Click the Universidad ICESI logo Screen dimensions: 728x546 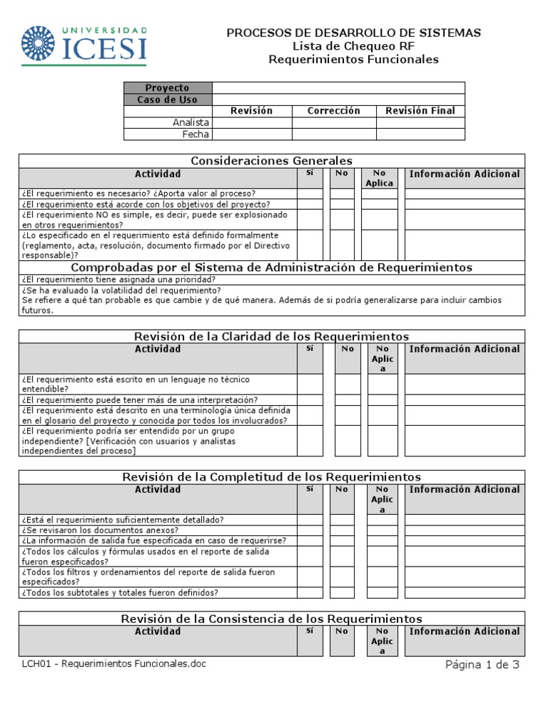click(85, 45)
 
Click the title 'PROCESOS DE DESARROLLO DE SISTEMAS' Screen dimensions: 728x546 click(353, 33)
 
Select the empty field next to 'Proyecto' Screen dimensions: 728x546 click(338, 87)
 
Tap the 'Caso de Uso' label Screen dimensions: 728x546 click(168, 100)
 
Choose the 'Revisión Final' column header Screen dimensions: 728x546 click(420, 111)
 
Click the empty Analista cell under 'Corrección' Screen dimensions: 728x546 click(333, 122)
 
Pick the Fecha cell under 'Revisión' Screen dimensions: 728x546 click(252, 134)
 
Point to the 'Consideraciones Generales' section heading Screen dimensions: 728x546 click(272, 161)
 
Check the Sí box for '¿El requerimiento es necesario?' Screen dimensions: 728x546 click(310, 193)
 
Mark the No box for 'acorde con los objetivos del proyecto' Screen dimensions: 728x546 click(342, 204)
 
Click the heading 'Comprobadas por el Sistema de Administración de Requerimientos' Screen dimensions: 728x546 click(272, 267)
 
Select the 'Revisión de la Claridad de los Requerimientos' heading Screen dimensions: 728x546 click(272, 336)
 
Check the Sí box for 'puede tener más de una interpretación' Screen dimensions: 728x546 click(310, 400)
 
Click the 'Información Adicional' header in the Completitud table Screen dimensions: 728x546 click(464, 489)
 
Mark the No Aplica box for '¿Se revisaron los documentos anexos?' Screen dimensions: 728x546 click(382, 530)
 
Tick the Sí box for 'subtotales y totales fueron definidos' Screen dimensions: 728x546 click(310, 592)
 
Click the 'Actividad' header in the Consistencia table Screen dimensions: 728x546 click(158, 631)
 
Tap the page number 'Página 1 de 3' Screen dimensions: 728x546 click(482, 665)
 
